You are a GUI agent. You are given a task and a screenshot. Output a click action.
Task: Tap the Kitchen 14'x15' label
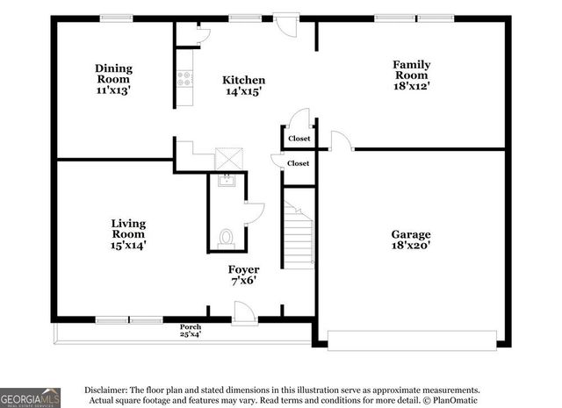tap(243, 85)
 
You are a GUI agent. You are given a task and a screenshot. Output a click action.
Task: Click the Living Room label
tap(128, 234)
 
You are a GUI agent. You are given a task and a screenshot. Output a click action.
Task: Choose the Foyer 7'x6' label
tap(243, 275)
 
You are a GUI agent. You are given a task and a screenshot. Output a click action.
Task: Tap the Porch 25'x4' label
tap(191, 330)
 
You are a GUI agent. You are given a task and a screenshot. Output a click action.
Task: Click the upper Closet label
tap(299, 138)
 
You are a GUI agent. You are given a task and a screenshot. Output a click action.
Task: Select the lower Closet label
tap(299, 163)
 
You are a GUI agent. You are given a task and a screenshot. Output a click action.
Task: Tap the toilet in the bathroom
tap(227, 237)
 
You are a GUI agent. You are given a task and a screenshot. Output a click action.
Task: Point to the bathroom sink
tap(227, 181)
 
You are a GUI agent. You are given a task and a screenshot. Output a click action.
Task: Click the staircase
tap(299, 233)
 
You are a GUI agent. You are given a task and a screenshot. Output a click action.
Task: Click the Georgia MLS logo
tap(31, 397)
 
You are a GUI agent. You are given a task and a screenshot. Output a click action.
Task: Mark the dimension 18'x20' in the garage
tap(410, 247)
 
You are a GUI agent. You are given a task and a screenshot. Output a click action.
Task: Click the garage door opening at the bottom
tap(412, 336)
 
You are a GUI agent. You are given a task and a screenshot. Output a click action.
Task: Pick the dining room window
tap(116, 18)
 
